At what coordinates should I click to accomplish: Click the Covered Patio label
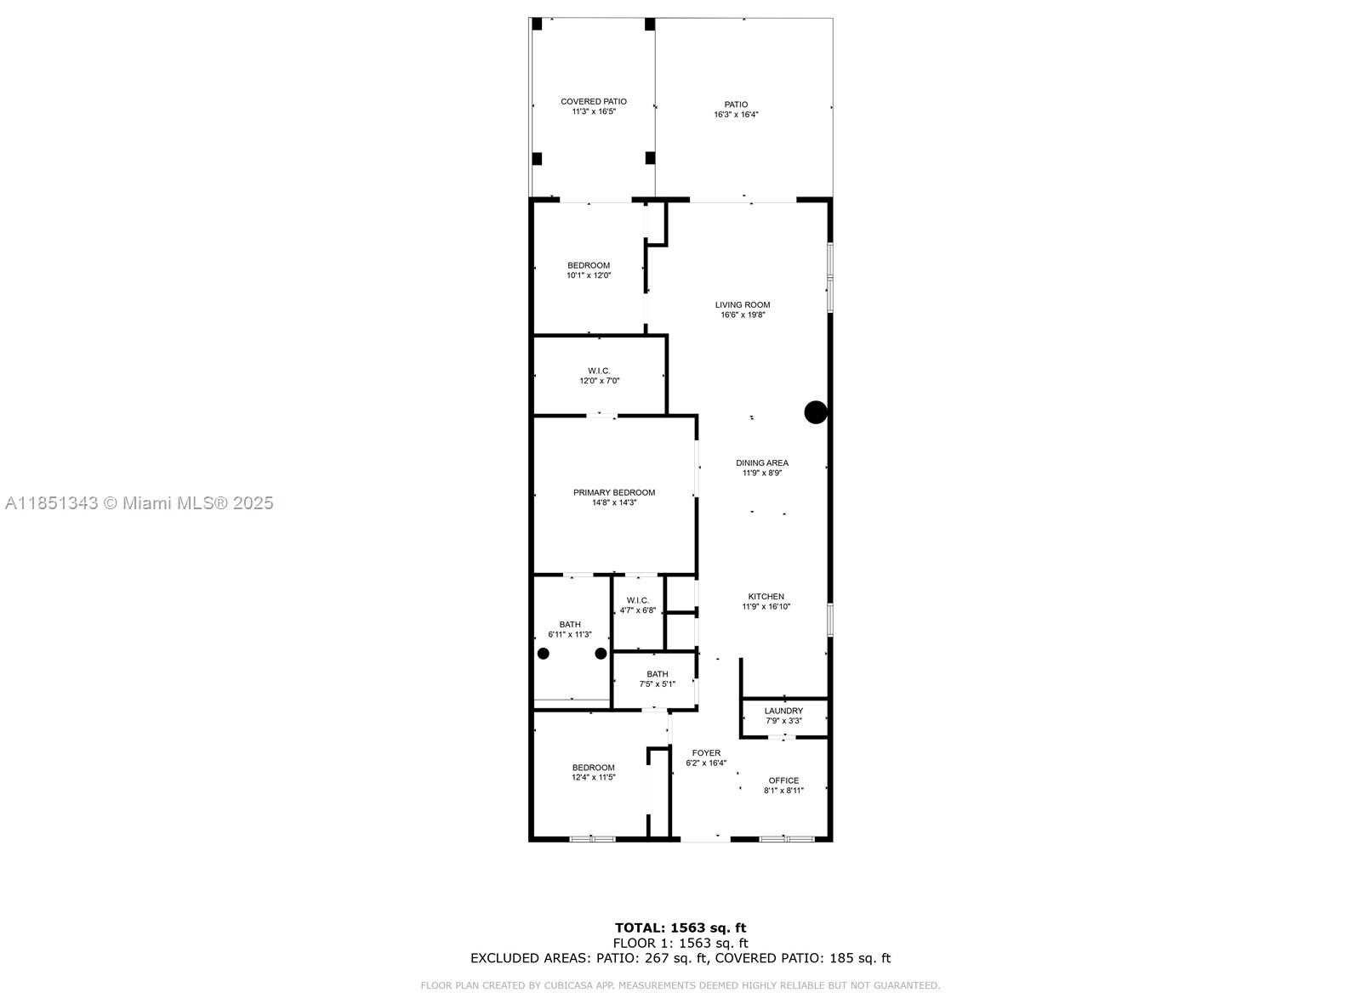coord(593,106)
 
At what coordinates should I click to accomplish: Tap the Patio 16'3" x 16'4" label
coord(736,110)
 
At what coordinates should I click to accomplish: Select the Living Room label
coord(742,309)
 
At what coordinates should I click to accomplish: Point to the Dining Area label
coord(761,468)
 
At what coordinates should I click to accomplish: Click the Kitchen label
coord(766,601)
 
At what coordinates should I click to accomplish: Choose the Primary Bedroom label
coord(613,497)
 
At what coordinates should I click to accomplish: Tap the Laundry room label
coord(783,716)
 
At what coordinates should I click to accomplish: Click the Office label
coord(783,785)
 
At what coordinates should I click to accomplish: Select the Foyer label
coord(706,757)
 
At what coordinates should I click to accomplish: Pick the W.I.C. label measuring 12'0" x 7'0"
coord(599,376)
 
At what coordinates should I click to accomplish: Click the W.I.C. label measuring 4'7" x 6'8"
coord(637,605)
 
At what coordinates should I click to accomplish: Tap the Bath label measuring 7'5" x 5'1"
coord(657,678)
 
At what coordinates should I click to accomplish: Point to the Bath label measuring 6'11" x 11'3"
coord(569,629)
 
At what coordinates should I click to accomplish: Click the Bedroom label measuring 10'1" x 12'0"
coord(589,270)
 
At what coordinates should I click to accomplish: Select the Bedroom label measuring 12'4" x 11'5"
coord(593,772)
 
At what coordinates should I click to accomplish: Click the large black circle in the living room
coord(816,412)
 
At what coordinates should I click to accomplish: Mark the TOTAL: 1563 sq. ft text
coord(680,927)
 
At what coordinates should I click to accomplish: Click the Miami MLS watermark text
coord(140,503)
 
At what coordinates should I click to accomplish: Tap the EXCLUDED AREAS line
coord(680,958)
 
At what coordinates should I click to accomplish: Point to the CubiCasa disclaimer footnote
coord(680,985)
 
